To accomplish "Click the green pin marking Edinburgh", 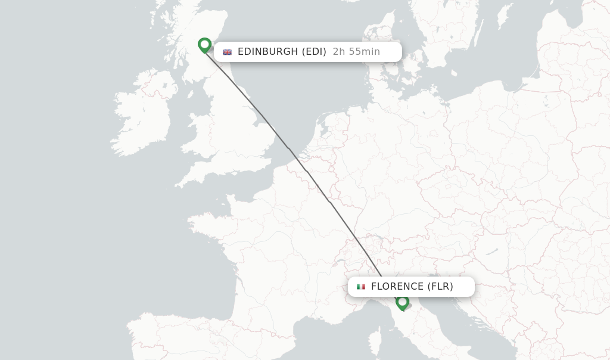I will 204,45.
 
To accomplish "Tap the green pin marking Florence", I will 402,302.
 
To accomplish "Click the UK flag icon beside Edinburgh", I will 227,52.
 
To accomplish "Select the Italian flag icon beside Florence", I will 361,287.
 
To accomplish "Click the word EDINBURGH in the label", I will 267,52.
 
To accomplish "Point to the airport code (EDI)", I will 314,52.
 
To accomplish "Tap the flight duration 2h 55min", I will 356,52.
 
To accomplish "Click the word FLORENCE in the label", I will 397,287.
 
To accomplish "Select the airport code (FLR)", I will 440,287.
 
